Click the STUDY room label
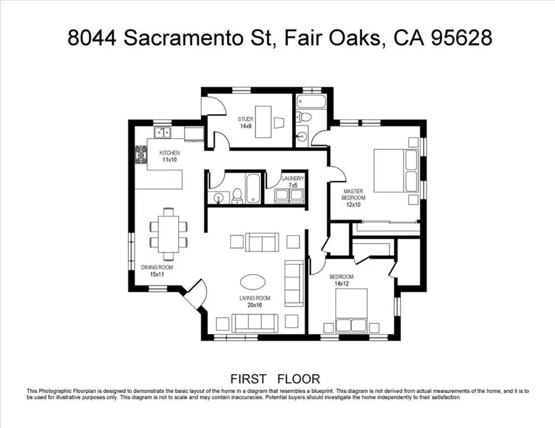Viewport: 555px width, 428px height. click(246, 120)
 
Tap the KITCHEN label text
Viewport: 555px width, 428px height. click(170, 153)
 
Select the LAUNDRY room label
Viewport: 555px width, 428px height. click(293, 179)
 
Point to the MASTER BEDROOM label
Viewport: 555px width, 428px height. click(353, 194)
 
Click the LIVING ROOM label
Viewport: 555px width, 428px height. click(255, 298)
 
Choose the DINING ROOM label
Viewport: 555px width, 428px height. click(157, 267)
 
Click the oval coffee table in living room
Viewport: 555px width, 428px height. click(252, 282)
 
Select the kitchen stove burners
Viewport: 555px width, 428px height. click(141, 155)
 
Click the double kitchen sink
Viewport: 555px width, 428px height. click(163, 132)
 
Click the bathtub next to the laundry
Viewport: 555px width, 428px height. click(253, 189)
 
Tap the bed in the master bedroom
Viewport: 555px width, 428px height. click(396, 171)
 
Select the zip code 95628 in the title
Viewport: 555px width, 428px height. click(461, 38)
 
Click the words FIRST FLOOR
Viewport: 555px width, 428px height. click(275, 379)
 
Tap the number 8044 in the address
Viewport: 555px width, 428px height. click(92, 38)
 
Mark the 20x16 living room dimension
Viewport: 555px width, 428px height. click(255, 305)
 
